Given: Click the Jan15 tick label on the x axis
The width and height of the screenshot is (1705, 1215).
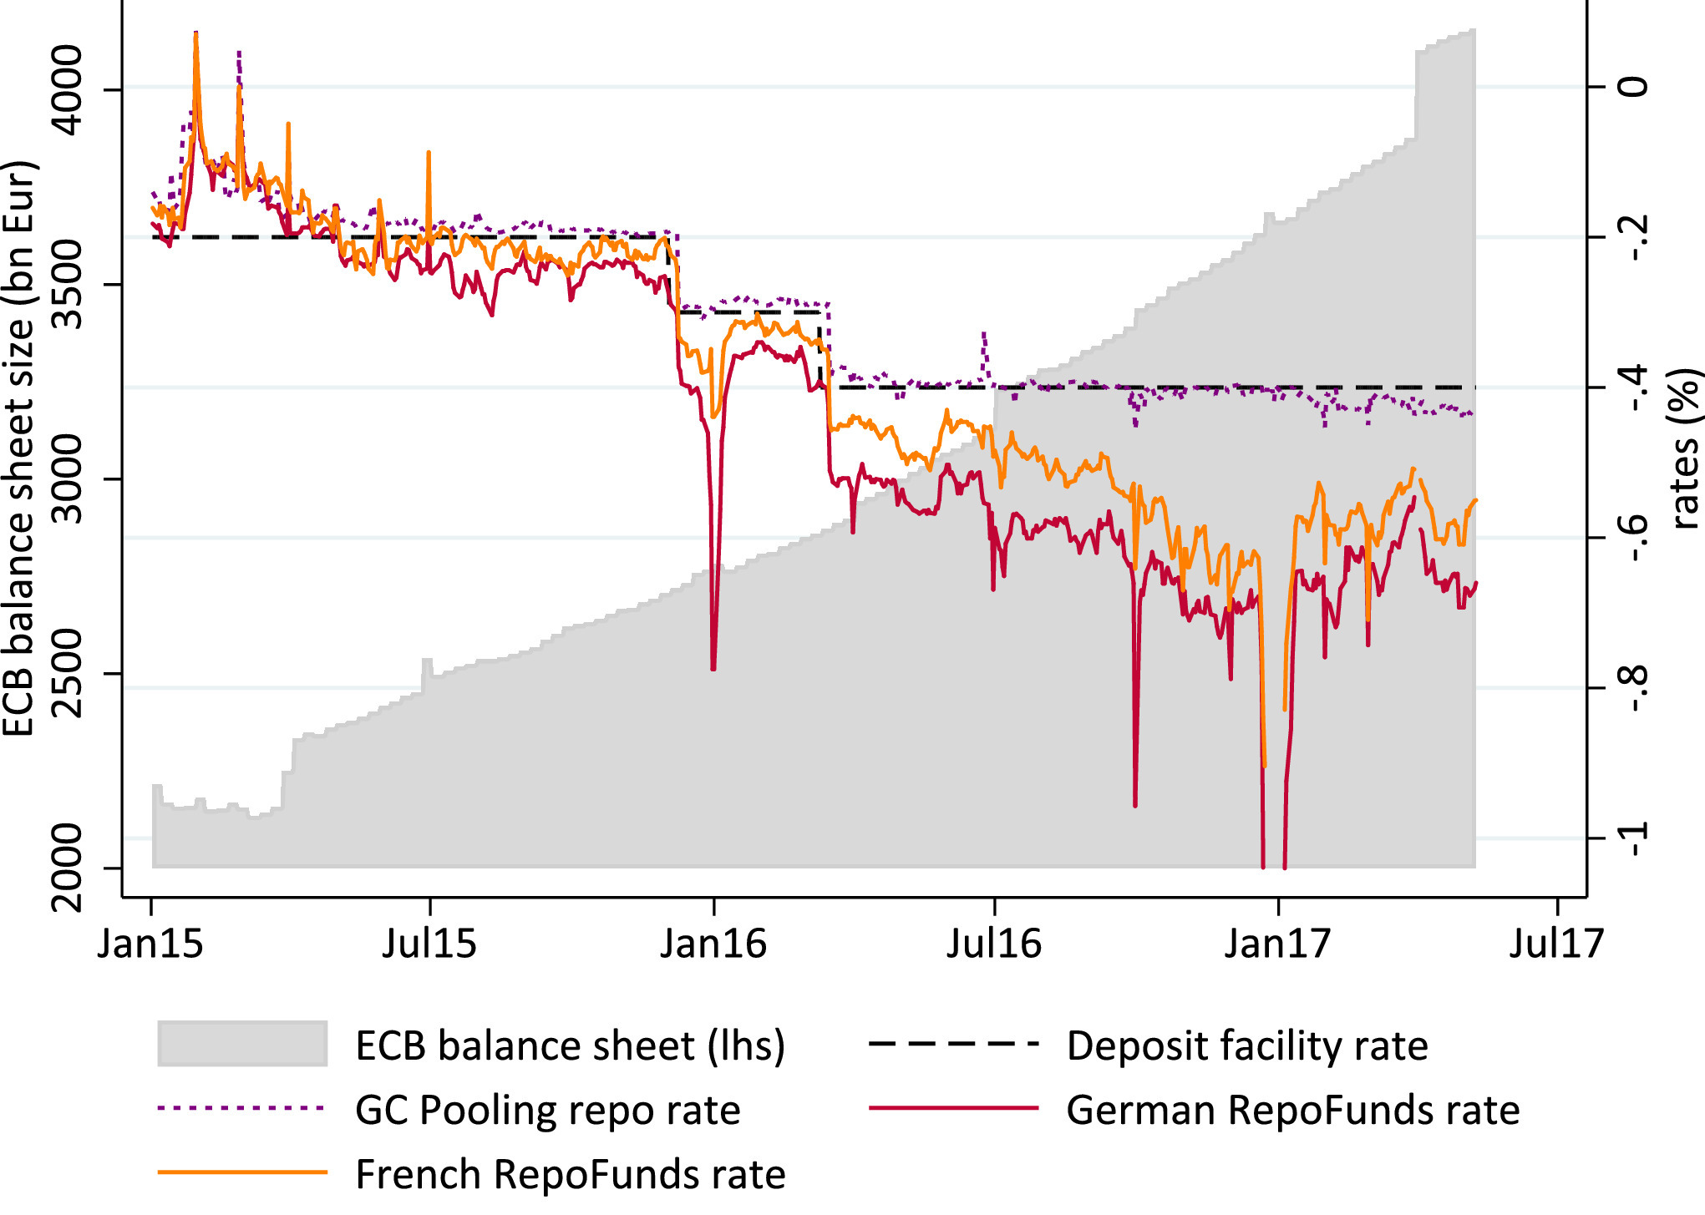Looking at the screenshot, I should pyautogui.click(x=150, y=944).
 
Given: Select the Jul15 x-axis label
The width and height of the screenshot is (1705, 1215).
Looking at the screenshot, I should pyautogui.click(x=429, y=944).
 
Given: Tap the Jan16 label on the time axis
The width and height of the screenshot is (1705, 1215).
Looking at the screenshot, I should pyautogui.click(x=713, y=944).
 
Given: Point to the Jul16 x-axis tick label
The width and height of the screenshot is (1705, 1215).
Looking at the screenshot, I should pyautogui.click(x=994, y=944).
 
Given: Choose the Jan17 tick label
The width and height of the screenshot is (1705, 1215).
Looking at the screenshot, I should pyautogui.click(x=1277, y=944).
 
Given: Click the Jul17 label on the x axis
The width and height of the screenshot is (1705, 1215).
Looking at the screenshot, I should pyautogui.click(x=1557, y=944).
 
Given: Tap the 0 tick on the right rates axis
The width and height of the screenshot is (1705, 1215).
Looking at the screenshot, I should pyautogui.click(x=1634, y=87).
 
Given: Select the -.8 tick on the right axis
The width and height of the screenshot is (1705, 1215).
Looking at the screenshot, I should pyautogui.click(x=1634, y=687).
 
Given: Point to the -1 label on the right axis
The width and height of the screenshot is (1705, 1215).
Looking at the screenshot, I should pyautogui.click(x=1634, y=838).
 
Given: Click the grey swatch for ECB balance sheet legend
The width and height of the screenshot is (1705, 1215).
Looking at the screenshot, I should pyautogui.click(x=242, y=1044).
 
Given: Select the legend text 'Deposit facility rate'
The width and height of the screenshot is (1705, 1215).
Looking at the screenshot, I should pyautogui.click(x=1247, y=1045).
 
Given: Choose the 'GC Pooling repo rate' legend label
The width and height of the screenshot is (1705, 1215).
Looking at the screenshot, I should pyautogui.click(x=548, y=1110).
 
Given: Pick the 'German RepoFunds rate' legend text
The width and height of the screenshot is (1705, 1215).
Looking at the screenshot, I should pyautogui.click(x=1293, y=1110).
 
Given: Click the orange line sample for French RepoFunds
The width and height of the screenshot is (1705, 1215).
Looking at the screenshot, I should pyautogui.click(x=242, y=1172).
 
